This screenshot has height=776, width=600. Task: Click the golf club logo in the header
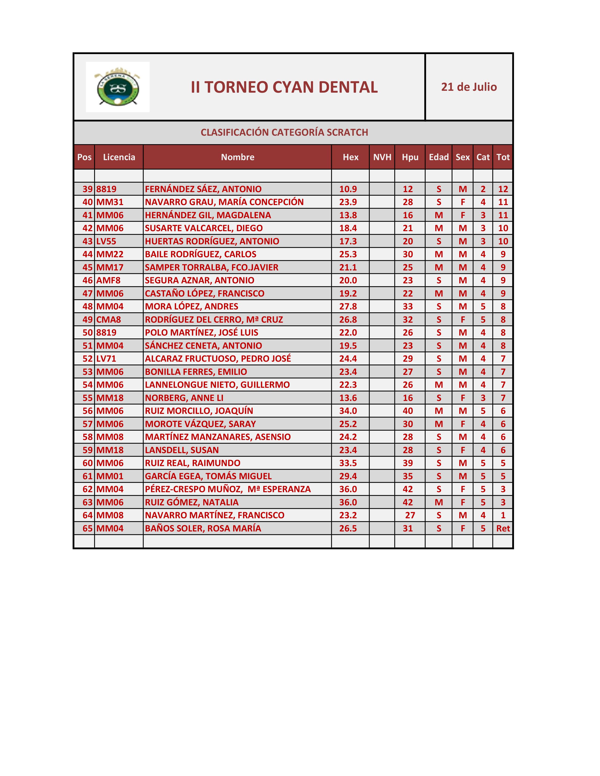(118, 87)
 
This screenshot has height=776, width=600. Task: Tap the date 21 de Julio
(469, 87)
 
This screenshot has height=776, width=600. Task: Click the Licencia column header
(119, 157)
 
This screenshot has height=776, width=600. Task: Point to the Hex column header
(351, 157)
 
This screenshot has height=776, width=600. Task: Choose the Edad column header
(439, 157)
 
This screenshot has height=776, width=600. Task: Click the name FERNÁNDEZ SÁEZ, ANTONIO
(203, 189)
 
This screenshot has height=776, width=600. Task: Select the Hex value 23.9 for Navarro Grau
(348, 202)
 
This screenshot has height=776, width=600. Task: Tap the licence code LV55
(106, 241)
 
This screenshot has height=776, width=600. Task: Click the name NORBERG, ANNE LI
(184, 398)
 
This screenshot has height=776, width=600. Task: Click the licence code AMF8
(108, 280)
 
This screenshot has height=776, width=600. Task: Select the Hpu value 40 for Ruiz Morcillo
(408, 411)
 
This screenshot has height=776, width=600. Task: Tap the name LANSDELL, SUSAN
(182, 450)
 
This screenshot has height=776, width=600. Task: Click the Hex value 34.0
(348, 411)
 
